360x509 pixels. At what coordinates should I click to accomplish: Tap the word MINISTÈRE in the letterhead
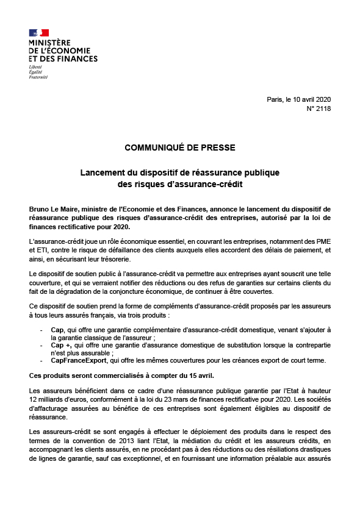49,43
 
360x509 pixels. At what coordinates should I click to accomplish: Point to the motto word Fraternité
38,77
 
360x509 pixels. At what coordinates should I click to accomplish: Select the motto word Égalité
35,71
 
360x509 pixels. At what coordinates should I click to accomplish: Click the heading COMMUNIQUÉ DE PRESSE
179,148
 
